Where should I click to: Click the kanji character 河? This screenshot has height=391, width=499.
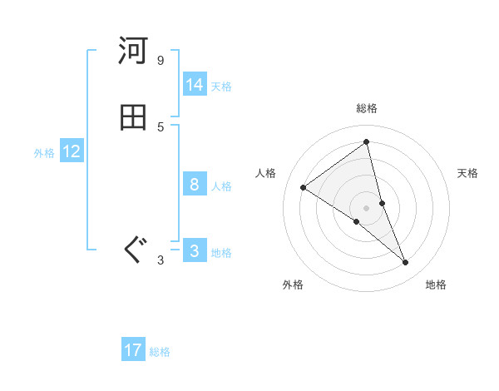[133, 52]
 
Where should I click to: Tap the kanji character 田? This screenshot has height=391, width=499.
[133, 118]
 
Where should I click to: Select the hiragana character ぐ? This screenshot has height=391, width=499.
[133, 250]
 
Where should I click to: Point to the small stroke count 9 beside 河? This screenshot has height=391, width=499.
[160, 61]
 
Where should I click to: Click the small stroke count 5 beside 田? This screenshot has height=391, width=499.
[160, 126]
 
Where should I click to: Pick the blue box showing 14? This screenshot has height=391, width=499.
[195, 85]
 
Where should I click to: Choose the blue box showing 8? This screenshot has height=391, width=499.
[195, 185]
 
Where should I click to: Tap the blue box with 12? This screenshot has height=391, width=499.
[72, 151]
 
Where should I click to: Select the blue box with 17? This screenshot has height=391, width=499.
[133, 350]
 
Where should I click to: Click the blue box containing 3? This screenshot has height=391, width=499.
[195, 251]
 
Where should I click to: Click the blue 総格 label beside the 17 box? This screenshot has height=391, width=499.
[160, 352]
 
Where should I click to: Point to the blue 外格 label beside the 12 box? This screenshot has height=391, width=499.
[44, 153]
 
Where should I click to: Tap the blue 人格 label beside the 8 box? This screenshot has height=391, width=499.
[221, 186]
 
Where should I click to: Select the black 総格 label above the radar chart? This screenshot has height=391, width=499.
[367, 108]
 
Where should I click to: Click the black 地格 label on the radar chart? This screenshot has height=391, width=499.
[436, 285]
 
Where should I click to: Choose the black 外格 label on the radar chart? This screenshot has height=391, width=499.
[293, 285]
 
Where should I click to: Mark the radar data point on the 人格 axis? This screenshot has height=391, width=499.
[304, 187]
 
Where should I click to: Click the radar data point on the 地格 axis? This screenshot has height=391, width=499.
[406, 263]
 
